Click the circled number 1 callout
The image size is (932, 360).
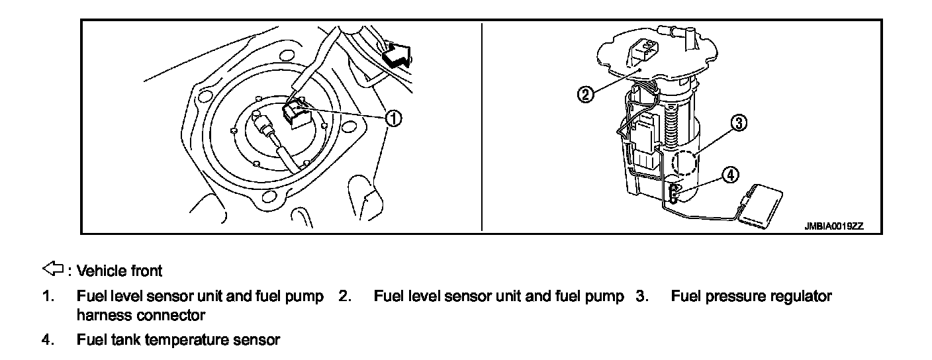[393, 118]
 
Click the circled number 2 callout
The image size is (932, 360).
[585, 94]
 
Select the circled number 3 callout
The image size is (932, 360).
[739, 122]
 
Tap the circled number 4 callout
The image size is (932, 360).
[729, 175]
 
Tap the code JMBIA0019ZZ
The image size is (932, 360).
[833, 226]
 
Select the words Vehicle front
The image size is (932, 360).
[119, 271]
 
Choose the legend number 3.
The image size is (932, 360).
[641, 296]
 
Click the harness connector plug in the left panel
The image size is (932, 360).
[295, 114]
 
